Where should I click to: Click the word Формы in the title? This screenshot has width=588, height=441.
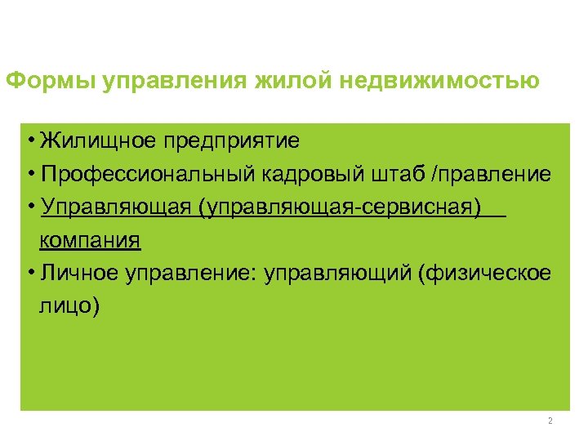click(51, 82)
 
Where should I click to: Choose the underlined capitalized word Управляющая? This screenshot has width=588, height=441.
click(118, 207)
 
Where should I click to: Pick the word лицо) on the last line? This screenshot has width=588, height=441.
click(69, 306)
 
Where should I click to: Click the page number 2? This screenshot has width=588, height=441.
click(550, 421)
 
